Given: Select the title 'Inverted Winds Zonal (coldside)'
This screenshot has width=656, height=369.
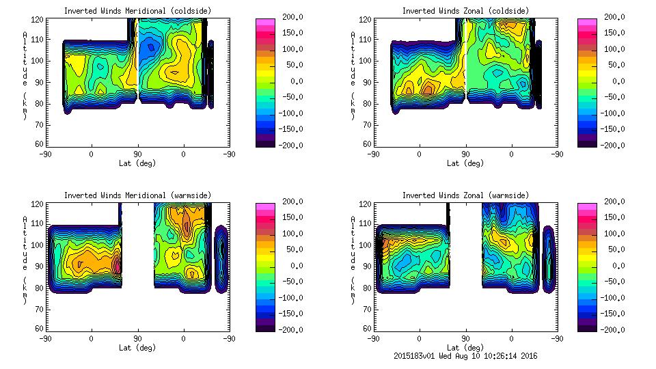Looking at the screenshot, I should point(465,11).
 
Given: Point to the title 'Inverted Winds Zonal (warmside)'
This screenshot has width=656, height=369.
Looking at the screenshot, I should point(465,195).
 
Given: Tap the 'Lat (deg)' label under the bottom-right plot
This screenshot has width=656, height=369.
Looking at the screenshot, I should point(466,348).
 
